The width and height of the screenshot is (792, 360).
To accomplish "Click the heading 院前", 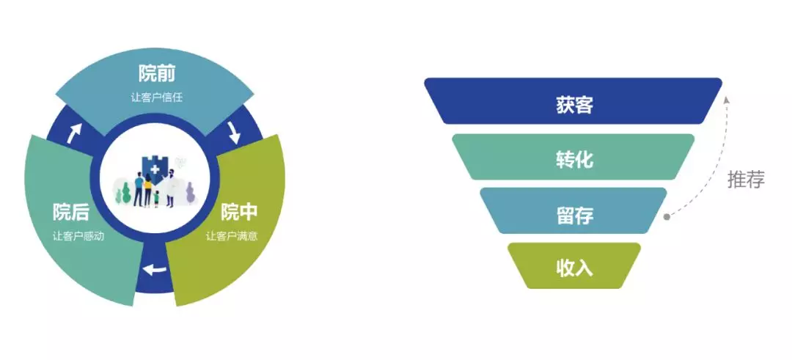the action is (157, 75).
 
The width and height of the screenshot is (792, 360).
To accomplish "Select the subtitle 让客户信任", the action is (157, 98).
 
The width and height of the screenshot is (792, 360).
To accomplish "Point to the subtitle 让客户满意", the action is (232, 236).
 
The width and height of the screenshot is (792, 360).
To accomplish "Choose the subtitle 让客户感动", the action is (78, 236).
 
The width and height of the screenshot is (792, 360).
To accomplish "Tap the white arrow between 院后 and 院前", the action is (74, 133).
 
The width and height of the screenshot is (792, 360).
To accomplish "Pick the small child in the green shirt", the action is (157, 199).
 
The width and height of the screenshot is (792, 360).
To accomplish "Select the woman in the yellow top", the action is (148, 190).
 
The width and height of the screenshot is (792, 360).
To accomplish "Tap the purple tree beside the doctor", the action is (190, 193).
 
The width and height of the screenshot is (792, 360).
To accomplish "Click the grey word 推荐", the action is (746, 179).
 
